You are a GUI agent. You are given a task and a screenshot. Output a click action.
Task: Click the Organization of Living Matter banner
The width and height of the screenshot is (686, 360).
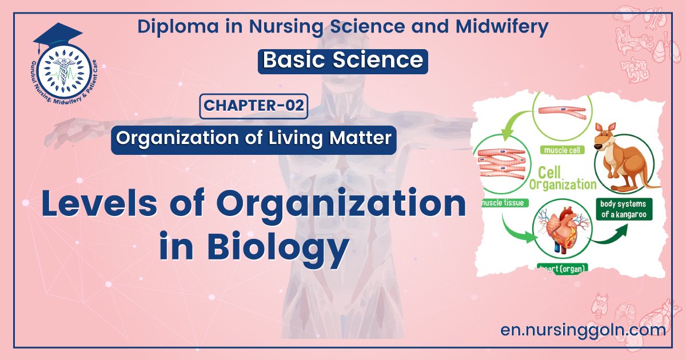click(254, 139)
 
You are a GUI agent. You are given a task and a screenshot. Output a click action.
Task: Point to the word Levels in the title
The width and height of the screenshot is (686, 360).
click(103, 206)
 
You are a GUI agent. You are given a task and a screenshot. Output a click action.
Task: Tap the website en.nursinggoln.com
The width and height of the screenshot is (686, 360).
click(583, 330)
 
